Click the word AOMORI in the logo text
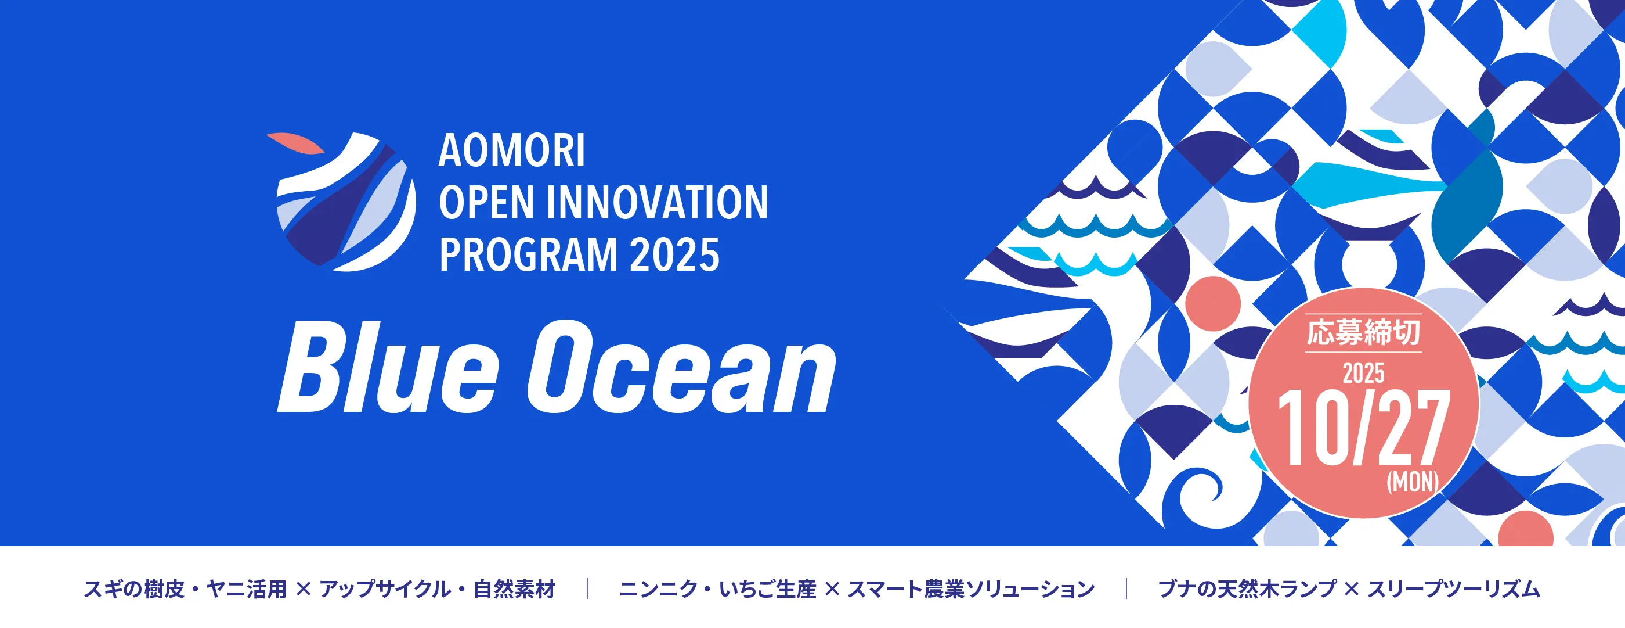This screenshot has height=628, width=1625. [512, 151]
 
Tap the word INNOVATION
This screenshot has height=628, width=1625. [658, 203]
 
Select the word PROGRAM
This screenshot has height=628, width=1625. [529, 255]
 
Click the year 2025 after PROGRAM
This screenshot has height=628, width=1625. [674, 255]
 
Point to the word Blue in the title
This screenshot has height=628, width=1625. [388, 367]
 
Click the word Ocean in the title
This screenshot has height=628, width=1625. [681, 367]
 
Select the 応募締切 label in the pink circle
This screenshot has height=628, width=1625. [1363, 333]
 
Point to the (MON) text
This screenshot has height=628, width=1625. [1413, 482]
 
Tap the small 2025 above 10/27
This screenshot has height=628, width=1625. [1363, 374]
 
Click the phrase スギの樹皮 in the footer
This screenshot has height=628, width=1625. [133, 590]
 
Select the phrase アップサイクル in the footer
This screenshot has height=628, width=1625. [385, 590]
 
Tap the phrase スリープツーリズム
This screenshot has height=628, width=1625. [1453, 590]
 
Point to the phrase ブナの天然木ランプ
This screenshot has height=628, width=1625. [1247, 590]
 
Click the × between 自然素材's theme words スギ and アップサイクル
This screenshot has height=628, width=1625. [304, 590]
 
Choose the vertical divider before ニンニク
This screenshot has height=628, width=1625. [587, 589]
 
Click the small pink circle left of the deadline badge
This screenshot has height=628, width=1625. [1213, 304]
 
